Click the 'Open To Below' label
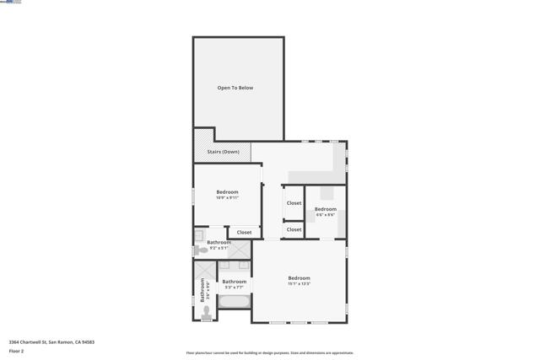[x=235, y=88]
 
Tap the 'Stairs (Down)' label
[x=224, y=152]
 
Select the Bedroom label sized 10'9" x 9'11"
[x=227, y=192]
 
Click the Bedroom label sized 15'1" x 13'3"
[x=299, y=278]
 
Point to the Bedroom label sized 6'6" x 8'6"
[x=326, y=209]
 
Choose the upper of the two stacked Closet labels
[x=294, y=203]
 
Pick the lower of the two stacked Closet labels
[x=294, y=229]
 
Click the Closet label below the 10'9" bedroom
[x=244, y=233]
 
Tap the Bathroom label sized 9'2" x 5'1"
[x=219, y=243]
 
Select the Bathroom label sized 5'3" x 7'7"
[x=234, y=282]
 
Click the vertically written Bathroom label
[x=202, y=290]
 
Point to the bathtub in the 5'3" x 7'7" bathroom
[x=235, y=301]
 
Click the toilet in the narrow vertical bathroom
[x=206, y=312]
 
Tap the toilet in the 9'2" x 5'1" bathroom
[x=201, y=250]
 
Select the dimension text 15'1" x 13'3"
[x=299, y=284]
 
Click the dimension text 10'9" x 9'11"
[x=227, y=197]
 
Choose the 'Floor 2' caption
[x=16, y=351]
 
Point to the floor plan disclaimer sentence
[x=269, y=353]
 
